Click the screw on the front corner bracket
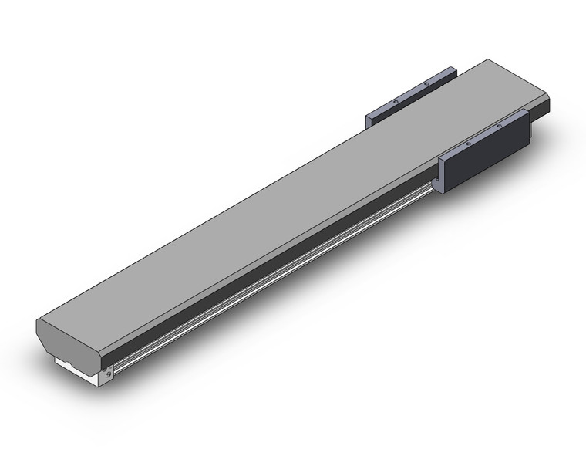109,371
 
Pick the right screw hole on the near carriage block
499,124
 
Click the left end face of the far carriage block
369,117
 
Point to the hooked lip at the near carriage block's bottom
437,186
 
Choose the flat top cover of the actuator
293,193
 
